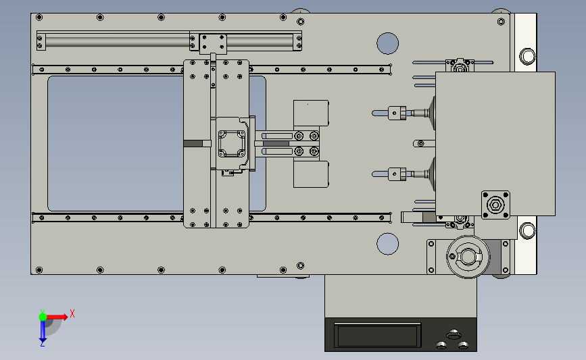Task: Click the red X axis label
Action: pos(72,313)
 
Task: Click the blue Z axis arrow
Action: pos(43,331)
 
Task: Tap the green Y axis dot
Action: pos(43,317)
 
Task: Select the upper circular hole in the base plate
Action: pos(387,43)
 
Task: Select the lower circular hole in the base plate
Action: pos(387,244)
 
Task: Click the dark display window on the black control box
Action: pos(377,336)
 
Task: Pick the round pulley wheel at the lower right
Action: pos(468,257)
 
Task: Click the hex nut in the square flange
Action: pos(495,205)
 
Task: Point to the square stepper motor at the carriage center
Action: pos(232,143)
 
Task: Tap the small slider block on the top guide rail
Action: pos(213,44)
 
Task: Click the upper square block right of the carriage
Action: pos(311,113)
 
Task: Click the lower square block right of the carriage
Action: pos(311,174)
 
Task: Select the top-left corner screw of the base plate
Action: pos(39,17)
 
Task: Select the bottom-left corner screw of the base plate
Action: pos(39,270)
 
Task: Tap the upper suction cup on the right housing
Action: pos(433,113)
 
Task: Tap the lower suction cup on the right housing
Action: pos(433,174)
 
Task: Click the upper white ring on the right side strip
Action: pos(527,56)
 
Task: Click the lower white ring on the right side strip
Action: pos(527,230)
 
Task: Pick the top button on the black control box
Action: pos(454,333)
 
